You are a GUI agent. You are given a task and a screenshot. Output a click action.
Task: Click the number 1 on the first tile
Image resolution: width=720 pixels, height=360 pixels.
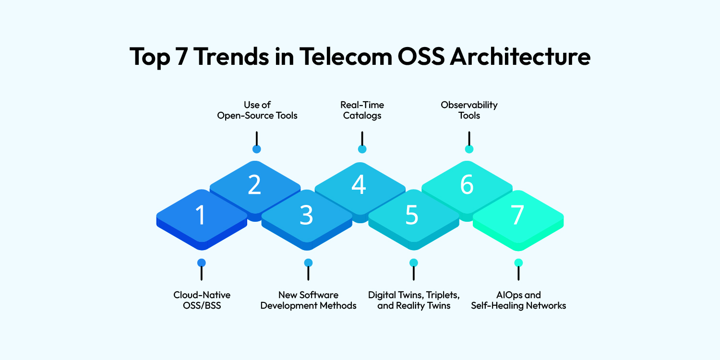pyautogui.click(x=201, y=216)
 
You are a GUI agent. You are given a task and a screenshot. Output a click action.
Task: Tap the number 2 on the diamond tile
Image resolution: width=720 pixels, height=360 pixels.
pyautogui.click(x=254, y=185)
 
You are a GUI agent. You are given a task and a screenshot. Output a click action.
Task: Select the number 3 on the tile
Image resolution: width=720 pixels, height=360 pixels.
pyautogui.click(x=307, y=216)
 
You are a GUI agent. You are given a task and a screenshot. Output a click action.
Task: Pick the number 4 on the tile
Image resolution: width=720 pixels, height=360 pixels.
pyautogui.click(x=359, y=185)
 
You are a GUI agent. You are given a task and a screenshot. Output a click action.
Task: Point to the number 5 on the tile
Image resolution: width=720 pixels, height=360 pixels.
pyautogui.click(x=412, y=216)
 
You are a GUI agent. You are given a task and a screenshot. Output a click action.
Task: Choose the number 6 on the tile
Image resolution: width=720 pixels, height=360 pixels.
pyautogui.click(x=467, y=185)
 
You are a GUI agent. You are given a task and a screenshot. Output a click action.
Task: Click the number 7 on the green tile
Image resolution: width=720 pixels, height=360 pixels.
pyautogui.click(x=517, y=216)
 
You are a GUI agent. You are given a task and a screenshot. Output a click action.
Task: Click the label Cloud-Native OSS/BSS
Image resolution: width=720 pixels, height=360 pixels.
pyautogui.click(x=202, y=300)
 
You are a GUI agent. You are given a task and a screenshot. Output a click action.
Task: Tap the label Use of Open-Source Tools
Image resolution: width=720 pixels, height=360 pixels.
pyautogui.click(x=257, y=110)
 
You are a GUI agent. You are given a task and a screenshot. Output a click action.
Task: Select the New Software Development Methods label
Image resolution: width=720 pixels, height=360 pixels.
pyautogui.click(x=308, y=300)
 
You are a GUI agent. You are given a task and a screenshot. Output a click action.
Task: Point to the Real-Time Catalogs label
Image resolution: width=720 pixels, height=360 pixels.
pyautogui.click(x=362, y=110)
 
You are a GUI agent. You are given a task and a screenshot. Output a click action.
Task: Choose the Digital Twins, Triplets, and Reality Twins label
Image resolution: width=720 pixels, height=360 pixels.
pyautogui.click(x=414, y=300)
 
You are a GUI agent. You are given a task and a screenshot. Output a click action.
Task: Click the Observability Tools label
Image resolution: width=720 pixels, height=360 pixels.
pyautogui.click(x=468, y=110)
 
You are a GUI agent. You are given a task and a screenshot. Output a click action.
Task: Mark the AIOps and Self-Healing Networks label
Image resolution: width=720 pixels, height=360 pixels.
pyautogui.click(x=518, y=300)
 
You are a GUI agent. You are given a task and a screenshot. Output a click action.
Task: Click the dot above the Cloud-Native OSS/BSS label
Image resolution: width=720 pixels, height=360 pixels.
pyautogui.click(x=202, y=263)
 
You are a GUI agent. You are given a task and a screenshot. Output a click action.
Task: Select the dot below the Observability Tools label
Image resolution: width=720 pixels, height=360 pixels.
pyautogui.click(x=469, y=149)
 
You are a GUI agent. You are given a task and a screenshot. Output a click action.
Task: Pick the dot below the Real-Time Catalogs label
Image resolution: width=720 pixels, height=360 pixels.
pyautogui.click(x=362, y=149)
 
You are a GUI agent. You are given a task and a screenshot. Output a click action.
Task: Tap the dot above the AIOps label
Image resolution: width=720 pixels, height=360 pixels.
pyautogui.click(x=518, y=263)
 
